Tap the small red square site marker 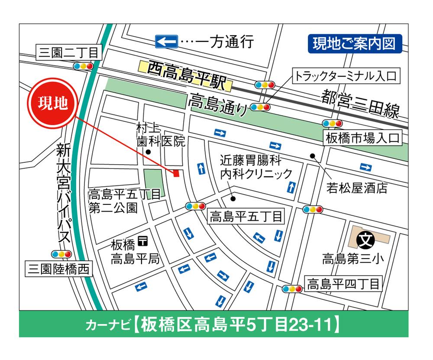[x=176, y=174]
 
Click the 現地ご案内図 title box [x=354, y=44]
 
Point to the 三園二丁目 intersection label [x=69, y=53]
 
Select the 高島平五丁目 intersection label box [x=246, y=216]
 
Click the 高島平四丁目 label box [x=343, y=284]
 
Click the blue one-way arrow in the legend [x=166, y=42]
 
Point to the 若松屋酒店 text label [x=357, y=188]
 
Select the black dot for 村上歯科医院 [x=148, y=152]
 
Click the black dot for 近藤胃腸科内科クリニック [x=233, y=199]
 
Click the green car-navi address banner [x=213, y=324]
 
